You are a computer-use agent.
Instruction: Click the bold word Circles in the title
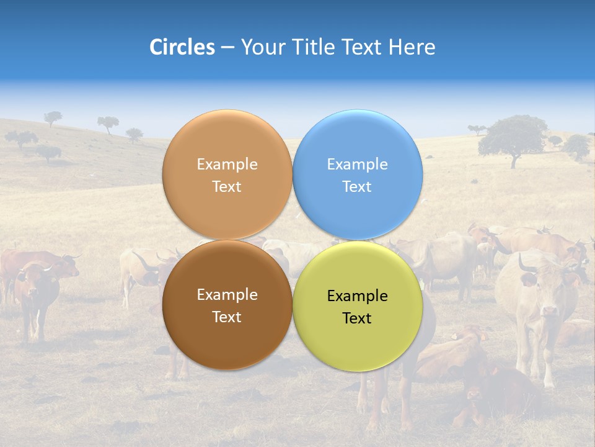coord(182,47)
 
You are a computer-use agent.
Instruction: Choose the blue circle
coord(357,174)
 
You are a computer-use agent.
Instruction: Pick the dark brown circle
coord(227,305)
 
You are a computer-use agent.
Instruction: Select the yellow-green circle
coord(357,306)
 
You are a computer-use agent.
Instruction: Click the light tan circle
coord(227,174)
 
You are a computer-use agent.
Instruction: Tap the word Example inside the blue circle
coord(357,164)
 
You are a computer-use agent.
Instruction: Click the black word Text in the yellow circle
coord(357,318)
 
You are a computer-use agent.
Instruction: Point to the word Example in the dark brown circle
coord(227,294)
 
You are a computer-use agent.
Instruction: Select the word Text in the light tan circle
coord(227,186)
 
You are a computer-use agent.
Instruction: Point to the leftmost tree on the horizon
coord(53,117)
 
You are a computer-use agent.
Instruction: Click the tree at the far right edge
coord(578,146)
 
